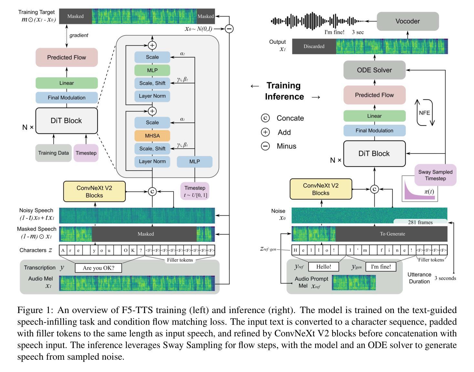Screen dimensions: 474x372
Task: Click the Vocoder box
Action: point(407,21)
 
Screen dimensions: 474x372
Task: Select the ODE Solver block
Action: point(374,70)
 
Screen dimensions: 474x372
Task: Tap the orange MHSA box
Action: point(152,136)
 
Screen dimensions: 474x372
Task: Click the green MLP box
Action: point(152,70)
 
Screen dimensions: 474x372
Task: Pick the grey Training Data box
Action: point(53,153)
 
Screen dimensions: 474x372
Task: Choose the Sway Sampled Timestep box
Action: point(436,175)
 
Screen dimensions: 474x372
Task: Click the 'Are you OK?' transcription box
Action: point(98,268)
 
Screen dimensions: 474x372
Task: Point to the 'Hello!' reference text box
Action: point(323,267)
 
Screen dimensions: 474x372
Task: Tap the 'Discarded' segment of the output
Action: point(314,46)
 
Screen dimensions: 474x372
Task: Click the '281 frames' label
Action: point(420,222)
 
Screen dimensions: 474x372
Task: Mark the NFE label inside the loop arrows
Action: point(424,113)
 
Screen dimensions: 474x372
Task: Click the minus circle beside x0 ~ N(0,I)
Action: point(229,29)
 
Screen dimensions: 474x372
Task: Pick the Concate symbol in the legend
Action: point(265,118)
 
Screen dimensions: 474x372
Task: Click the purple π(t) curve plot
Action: point(420,188)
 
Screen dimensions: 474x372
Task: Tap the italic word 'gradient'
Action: point(79,35)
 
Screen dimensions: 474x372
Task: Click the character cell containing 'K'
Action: point(133,250)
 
